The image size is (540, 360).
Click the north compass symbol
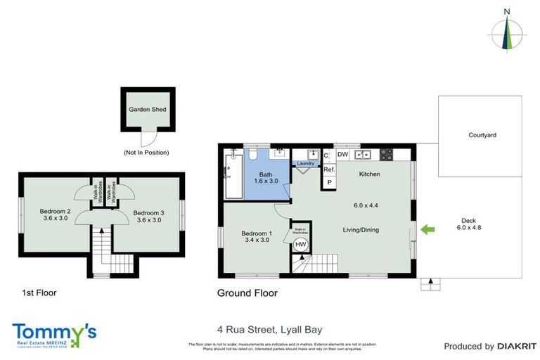[506, 32]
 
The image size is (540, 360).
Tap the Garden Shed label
[146, 110]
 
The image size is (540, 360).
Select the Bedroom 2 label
[54, 215]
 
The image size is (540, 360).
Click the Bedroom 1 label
[257, 237]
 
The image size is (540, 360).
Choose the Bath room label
[265, 178]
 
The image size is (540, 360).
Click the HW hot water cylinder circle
[300, 244]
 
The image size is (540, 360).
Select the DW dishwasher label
[343, 154]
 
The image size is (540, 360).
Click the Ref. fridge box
[328, 169]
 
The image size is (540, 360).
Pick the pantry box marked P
[328, 182]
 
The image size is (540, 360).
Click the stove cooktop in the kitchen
[387, 154]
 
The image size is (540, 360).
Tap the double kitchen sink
[364, 154]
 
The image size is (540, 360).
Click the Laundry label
[306, 164]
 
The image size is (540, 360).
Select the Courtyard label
[482, 135]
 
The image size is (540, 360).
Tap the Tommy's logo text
[53, 331]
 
